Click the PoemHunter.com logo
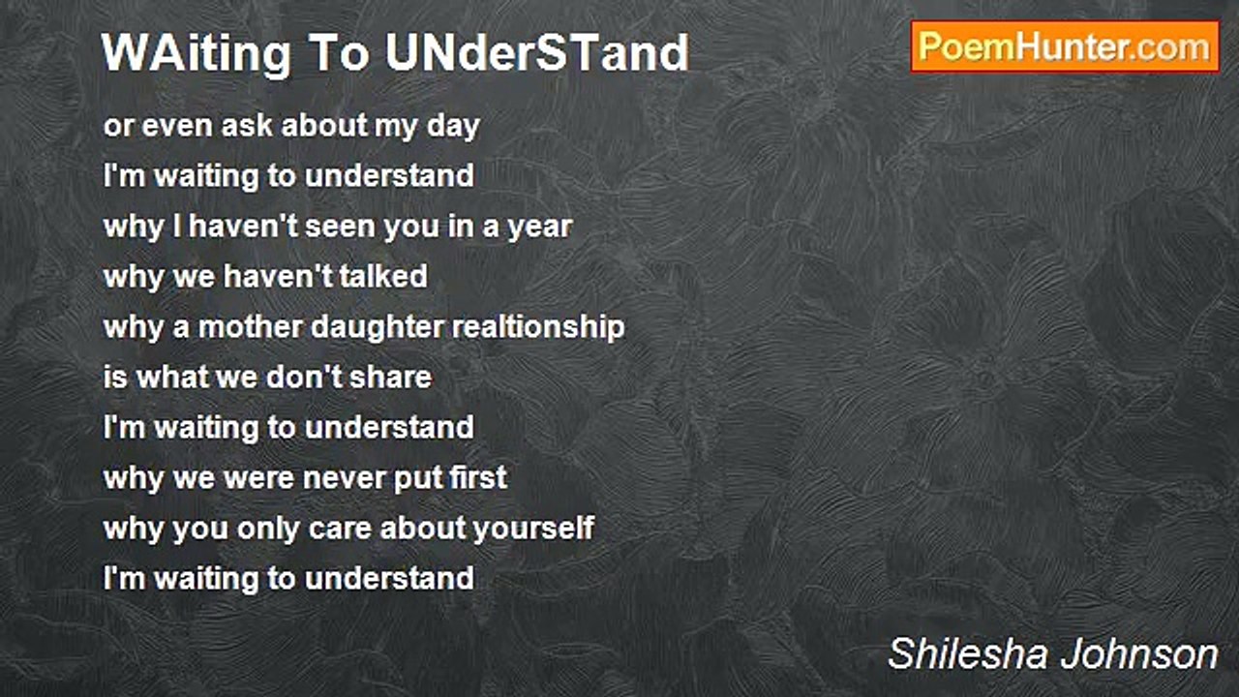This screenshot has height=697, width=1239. pyautogui.click(x=1065, y=46)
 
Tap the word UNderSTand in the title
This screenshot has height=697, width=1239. pyautogui.click(x=536, y=54)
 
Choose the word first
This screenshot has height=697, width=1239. pyautogui.click(x=476, y=478)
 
